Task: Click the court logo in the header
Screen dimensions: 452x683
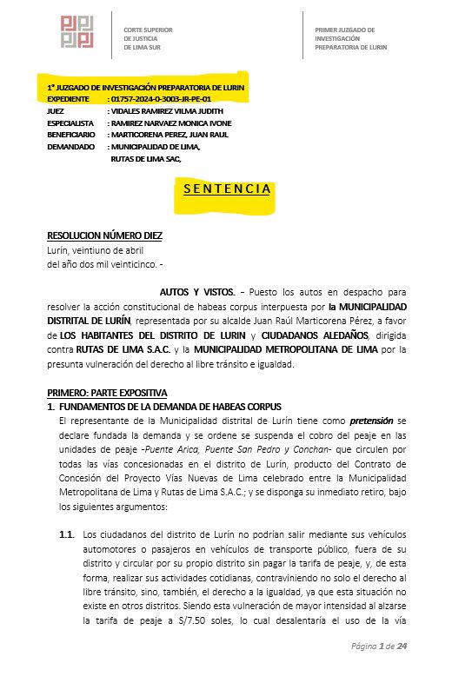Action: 77,31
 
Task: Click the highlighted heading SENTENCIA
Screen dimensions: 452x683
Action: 227,189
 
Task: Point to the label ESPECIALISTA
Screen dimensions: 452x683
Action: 70,124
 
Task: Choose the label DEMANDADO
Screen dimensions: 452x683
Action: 70,148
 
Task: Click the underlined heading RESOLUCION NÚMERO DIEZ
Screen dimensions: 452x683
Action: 104,236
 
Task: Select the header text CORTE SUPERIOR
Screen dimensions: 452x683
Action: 149,30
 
